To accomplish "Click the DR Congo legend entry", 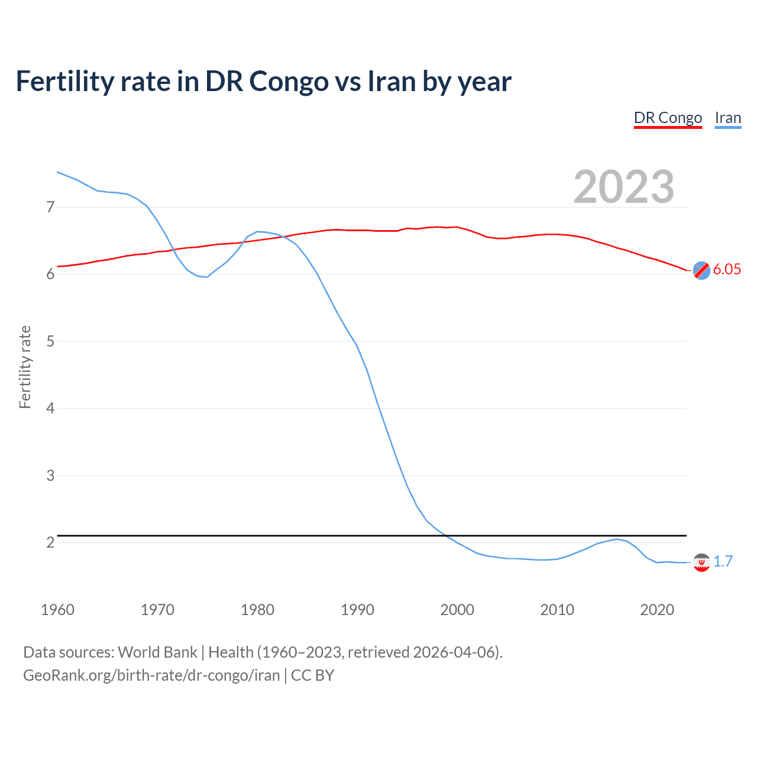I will coord(668,118).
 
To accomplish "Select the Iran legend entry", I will coord(727,118).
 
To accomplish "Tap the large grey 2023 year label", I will coord(623,187).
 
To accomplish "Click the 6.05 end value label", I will coord(726,270).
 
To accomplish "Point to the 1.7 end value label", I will coord(723,561).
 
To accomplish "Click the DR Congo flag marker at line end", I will coord(701,270).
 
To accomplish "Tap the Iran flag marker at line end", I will coord(701,562).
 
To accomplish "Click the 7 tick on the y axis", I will coord(50,207).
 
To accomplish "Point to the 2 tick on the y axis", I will coord(50,542).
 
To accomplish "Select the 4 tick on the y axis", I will coord(50,408).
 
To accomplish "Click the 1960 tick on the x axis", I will coord(57,610).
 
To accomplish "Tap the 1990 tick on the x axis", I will coord(357,610).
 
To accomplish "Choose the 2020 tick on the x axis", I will coord(657,610).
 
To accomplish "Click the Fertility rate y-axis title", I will coord(25,367).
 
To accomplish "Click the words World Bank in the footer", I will coord(157,652).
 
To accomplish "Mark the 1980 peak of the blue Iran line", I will coord(257,231).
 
